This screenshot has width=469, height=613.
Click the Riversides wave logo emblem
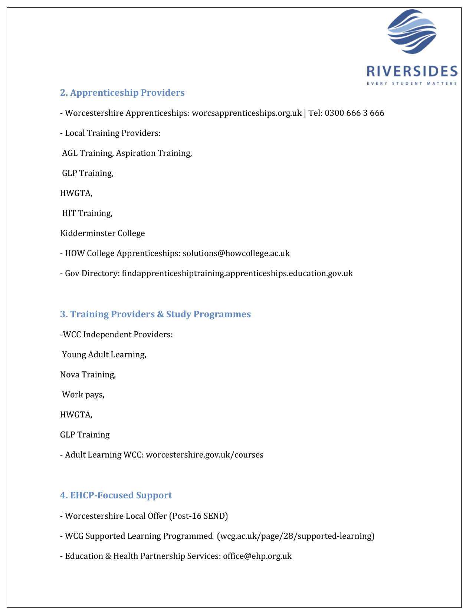[x=412, y=32]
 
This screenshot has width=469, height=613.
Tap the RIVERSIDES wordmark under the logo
[x=412, y=71]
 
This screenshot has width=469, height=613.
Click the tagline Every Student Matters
[x=412, y=83]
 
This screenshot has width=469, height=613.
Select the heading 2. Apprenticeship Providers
[x=122, y=92]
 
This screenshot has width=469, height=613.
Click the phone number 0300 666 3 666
[x=354, y=113]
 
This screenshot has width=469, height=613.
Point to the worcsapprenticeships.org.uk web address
[x=246, y=113]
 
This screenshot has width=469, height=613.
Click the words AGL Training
[x=88, y=153]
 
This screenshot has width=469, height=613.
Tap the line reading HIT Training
[x=87, y=213]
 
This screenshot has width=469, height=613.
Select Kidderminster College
[x=102, y=233]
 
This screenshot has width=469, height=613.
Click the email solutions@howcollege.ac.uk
[x=236, y=253]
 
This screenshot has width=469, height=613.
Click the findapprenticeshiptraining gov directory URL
[x=237, y=273]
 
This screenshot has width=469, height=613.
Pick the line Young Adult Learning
[x=104, y=354]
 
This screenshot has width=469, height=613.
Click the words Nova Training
[x=88, y=374]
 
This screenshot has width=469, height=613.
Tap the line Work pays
[x=83, y=394]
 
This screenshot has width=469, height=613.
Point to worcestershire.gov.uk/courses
[x=204, y=455]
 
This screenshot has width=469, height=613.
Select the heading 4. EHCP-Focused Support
[x=116, y=495]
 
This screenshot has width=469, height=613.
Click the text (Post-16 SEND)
[x=198, y=516]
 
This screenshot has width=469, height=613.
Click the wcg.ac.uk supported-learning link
[x=295, y=536]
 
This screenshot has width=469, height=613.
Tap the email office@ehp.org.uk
[x=257, y=556]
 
